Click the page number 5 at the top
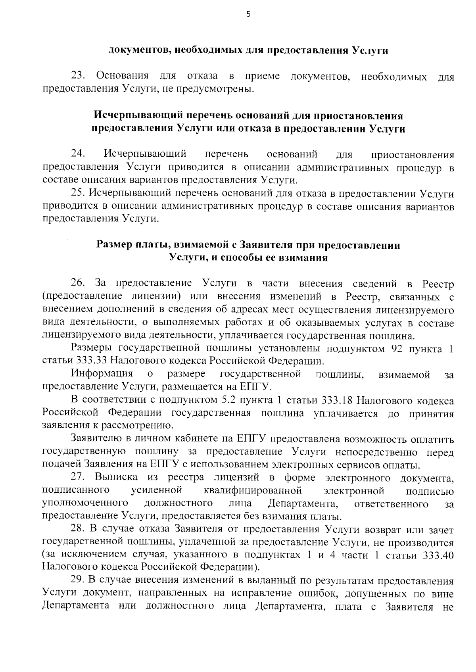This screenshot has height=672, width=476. coord(248,14)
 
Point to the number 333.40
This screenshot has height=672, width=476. coord(438,555)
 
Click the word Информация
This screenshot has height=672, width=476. coord(102,374)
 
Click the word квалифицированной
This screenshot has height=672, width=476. coord(253,491)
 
